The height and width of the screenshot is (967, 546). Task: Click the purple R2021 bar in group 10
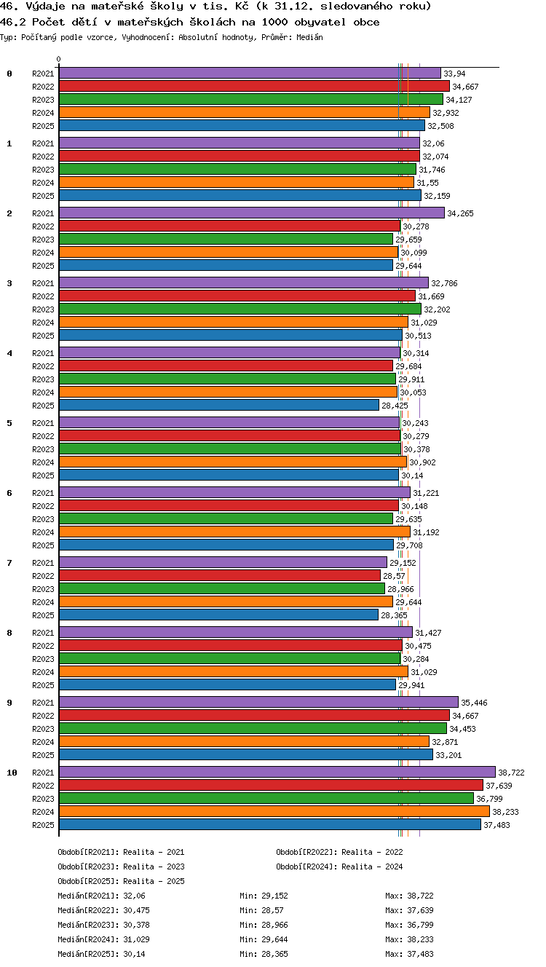click(x=277, y=772)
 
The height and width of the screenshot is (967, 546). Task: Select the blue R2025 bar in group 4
click(x=219, y=405)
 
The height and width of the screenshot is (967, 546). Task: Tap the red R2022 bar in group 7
click(x=220, y=575)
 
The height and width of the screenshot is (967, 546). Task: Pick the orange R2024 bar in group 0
click(x=245, y=112)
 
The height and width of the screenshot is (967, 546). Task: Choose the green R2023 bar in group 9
click(x=253, y=728)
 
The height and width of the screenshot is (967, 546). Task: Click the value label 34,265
click(x=460, y=213)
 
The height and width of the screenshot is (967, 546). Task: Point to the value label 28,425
click(x=395, y=406)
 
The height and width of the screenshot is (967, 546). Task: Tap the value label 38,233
click(x=505, y=812)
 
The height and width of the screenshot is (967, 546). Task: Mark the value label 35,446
click(x=474, y=703)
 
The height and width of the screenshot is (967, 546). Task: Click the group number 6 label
click(x=9, y=492)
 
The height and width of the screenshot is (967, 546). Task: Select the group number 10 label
click(x=12, y=773)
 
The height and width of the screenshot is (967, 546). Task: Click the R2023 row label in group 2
click(x=43, y=239)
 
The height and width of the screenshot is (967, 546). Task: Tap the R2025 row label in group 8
click(x=43, y=684)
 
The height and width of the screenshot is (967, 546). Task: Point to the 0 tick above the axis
click(x=59, y=59)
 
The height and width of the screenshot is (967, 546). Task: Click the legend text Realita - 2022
click(x=372, y=852)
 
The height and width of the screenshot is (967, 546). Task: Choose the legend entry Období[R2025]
click(x=89, y=880)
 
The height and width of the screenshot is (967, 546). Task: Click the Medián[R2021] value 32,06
click(x=134, y=896)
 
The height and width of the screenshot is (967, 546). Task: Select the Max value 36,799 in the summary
click(x=420, y=924)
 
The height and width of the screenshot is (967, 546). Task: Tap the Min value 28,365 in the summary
click(x=274, y=954)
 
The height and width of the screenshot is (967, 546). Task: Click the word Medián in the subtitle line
click(x=309, y=37)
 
